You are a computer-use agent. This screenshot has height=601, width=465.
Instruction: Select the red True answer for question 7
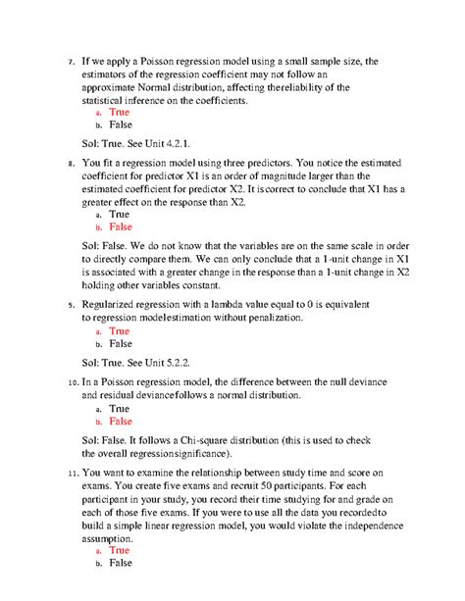point(119,113)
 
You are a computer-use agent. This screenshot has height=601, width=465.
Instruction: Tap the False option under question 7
point(120,125)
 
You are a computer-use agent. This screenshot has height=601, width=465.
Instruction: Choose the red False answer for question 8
point(120,226)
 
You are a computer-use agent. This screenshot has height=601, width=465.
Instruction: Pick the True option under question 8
point(119,214)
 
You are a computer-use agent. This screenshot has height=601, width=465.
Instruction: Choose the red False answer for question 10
point(120,421)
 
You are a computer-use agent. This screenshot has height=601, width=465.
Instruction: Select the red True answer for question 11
point(119,550)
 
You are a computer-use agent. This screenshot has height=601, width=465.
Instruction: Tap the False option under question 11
point(120,563)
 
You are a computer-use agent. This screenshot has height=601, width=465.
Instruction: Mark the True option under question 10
point(119,408)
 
